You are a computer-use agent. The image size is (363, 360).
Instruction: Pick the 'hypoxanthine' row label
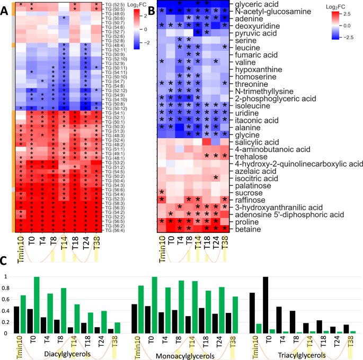coord(254,69)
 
